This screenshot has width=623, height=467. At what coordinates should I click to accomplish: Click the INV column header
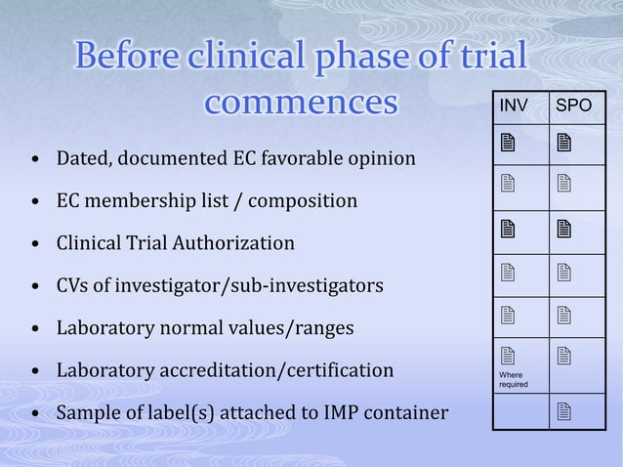coord(514,106)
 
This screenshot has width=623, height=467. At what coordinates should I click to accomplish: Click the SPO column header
coord(572,106)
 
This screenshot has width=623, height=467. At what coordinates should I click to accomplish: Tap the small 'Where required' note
coord(513,379)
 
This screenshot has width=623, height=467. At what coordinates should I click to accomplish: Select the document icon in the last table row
coord(563,410)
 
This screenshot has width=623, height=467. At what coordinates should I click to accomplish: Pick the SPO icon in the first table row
coord(563,145)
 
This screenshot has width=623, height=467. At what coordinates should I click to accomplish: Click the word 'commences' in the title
coord(302,102)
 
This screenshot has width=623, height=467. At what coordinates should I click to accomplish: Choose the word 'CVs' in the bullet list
coord(73,285)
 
